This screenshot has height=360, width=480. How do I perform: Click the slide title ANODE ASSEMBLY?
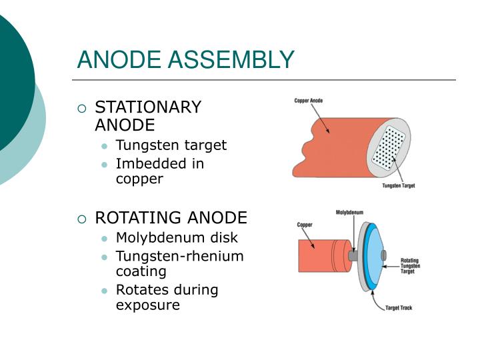pyautogui.click(x=185, y=60)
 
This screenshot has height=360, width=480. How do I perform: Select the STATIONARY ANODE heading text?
pyautogui.click(x=148, y=116)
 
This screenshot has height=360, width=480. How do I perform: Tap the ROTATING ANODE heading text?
pyautogui.click(x=171, y=218)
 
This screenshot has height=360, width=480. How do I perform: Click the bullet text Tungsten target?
pyautogui.click(x=171, y=145)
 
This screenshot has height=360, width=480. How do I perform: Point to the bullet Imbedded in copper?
pyautogui.click(x=160, y=171)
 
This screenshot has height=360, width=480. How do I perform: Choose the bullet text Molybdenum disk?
pyautogui.click(x=177, y=238)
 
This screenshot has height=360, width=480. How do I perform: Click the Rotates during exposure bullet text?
pyautogui.click(x=167, y=297)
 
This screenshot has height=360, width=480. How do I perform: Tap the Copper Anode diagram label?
pyautogui.click(x=309, y=101)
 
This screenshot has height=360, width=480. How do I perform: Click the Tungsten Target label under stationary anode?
pyautogui.click(x=398, y=185)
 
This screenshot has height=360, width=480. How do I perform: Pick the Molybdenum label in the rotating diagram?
pyautogui.click(x=349, y=213)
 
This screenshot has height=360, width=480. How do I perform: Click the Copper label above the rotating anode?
pyautogui.click(x=305, y=225)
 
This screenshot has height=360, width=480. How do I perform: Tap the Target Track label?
pyautogui.click(x=399, y=308)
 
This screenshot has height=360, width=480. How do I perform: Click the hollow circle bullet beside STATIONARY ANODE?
pyautogui.click(x=82, y=109)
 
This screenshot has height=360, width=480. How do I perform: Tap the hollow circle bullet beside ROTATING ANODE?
pyautogui.click(x=82, y=219)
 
